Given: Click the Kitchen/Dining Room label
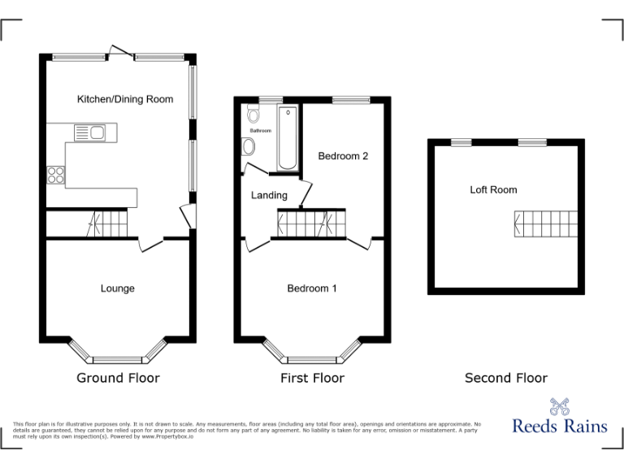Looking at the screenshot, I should [125, 99].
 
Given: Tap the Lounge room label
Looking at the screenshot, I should [118, 288].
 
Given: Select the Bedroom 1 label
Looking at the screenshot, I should [312, 288].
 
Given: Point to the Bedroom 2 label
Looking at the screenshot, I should [343, 156].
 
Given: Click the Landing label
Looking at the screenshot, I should [269, 195].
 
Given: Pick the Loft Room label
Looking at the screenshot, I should [493, 190].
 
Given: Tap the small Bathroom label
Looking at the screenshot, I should [260, 131].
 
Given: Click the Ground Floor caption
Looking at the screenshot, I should [118, 378].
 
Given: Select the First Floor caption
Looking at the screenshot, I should [312, 378].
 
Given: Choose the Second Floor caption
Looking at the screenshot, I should [505, 378].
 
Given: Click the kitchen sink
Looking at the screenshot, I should [90, 132].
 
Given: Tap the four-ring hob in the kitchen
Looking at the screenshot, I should [56, 175].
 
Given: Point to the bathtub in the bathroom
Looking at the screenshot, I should [287, 137].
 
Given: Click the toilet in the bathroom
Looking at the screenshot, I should [249, 146].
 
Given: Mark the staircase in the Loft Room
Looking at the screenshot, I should [545, 223].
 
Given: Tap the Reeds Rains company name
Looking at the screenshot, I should [560, 426].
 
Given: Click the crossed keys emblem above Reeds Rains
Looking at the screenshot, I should [559, 405].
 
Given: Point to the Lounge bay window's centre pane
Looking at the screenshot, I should [118, 359].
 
